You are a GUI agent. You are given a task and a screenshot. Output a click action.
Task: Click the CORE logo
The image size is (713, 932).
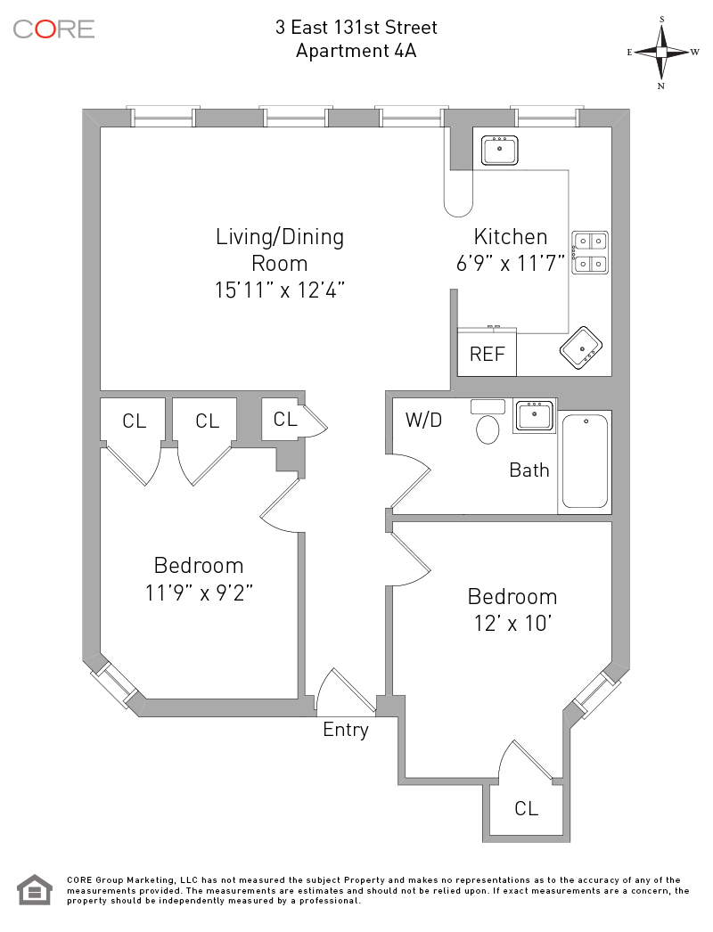coord(53,29)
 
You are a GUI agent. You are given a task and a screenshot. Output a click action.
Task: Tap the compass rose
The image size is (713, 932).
coord(662,52)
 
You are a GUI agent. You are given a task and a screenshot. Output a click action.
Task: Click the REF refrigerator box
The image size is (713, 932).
coord(488,353)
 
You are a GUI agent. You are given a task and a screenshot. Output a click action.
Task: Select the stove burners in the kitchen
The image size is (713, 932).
coord(590,251)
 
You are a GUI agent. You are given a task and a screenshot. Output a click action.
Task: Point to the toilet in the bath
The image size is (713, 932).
coord(488,428)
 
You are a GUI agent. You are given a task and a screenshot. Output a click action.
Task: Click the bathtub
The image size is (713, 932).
coord(585,461)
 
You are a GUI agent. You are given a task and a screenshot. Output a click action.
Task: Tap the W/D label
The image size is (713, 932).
coord(423,420)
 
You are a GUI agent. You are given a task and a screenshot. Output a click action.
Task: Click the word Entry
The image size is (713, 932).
coord(345,730)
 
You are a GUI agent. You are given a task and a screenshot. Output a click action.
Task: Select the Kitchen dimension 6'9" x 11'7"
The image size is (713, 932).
coord(511,265)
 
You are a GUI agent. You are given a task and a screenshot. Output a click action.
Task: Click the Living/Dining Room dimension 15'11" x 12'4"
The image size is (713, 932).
coord(280,290)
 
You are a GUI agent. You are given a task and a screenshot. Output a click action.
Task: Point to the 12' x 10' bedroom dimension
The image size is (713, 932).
coord(512,622)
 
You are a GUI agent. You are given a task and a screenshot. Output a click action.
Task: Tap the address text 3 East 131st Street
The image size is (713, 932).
coord(356,28)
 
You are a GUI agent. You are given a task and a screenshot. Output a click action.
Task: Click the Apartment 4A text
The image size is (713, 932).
coord(356,51)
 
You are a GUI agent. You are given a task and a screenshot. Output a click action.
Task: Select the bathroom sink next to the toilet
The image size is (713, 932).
coord(534,416)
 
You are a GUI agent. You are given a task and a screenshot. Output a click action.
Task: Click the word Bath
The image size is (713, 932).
coord(529,470)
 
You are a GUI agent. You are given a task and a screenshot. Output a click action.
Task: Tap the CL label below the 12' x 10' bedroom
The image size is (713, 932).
coord(527,808)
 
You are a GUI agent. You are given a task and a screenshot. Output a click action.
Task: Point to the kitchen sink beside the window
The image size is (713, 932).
coord(500,150)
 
